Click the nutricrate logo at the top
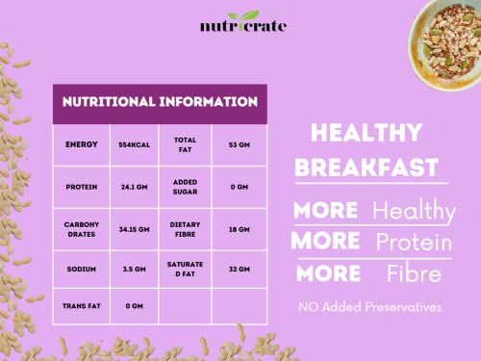[243, 22]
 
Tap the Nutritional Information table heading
[160, 102]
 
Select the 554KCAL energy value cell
[135, 145]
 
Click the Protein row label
[82, 187]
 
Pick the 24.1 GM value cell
[135, 187]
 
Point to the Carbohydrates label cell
[82, 229]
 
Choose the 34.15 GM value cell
[135, 229]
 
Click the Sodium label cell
[82, 270]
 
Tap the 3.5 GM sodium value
[135, 270]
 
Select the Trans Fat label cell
[82, 306]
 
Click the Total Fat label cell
[185, 145]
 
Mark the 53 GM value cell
[240, 145]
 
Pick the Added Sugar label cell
[185, 187]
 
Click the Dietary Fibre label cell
[185, 229]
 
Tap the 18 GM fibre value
[240, 229]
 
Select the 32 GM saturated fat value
[240, 270]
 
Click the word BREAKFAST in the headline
[367, 168]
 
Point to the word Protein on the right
[414, 242]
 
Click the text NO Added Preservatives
[369, 307]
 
